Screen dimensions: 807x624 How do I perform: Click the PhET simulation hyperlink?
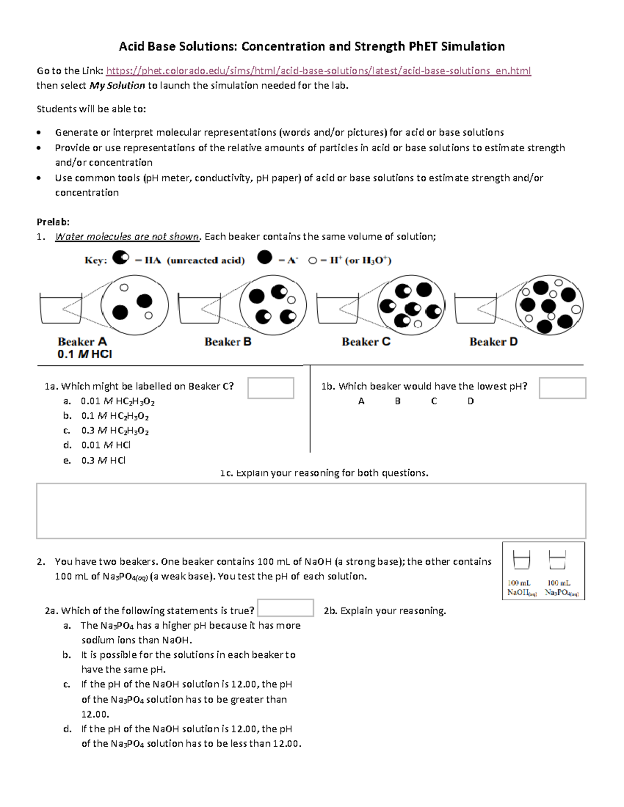[x=318, y=71]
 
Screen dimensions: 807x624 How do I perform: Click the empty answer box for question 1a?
[x=270, y=388]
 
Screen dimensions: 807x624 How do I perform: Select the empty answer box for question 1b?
[x=562, y=388]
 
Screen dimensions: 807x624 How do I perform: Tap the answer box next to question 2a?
[x=285, y=608]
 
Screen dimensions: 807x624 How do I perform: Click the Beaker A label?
[x=82, y=341]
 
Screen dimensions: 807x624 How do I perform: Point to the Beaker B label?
[x=228, y=341]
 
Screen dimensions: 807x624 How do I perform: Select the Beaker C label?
[x=366, y=341]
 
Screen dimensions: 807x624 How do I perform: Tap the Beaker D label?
[x=493, y=341]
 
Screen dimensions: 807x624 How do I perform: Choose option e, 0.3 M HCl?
[x=103, y=460]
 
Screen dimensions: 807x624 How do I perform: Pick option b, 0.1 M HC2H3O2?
[x=115, y=416]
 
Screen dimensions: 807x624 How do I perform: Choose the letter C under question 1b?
[x=434, y=401]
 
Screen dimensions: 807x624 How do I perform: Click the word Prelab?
[x=53, y=222]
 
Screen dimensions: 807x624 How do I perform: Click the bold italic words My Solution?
[x=117, y=86]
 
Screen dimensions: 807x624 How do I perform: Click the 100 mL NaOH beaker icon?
[x=521, y=561]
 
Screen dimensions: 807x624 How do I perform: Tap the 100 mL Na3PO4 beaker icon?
[x=557, y=561]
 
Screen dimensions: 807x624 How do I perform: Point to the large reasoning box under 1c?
[x=311, y=511]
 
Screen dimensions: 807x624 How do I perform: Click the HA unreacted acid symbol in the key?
[x=121, y=258]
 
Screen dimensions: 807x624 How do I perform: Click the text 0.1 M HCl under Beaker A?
[x=85, y=354]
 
